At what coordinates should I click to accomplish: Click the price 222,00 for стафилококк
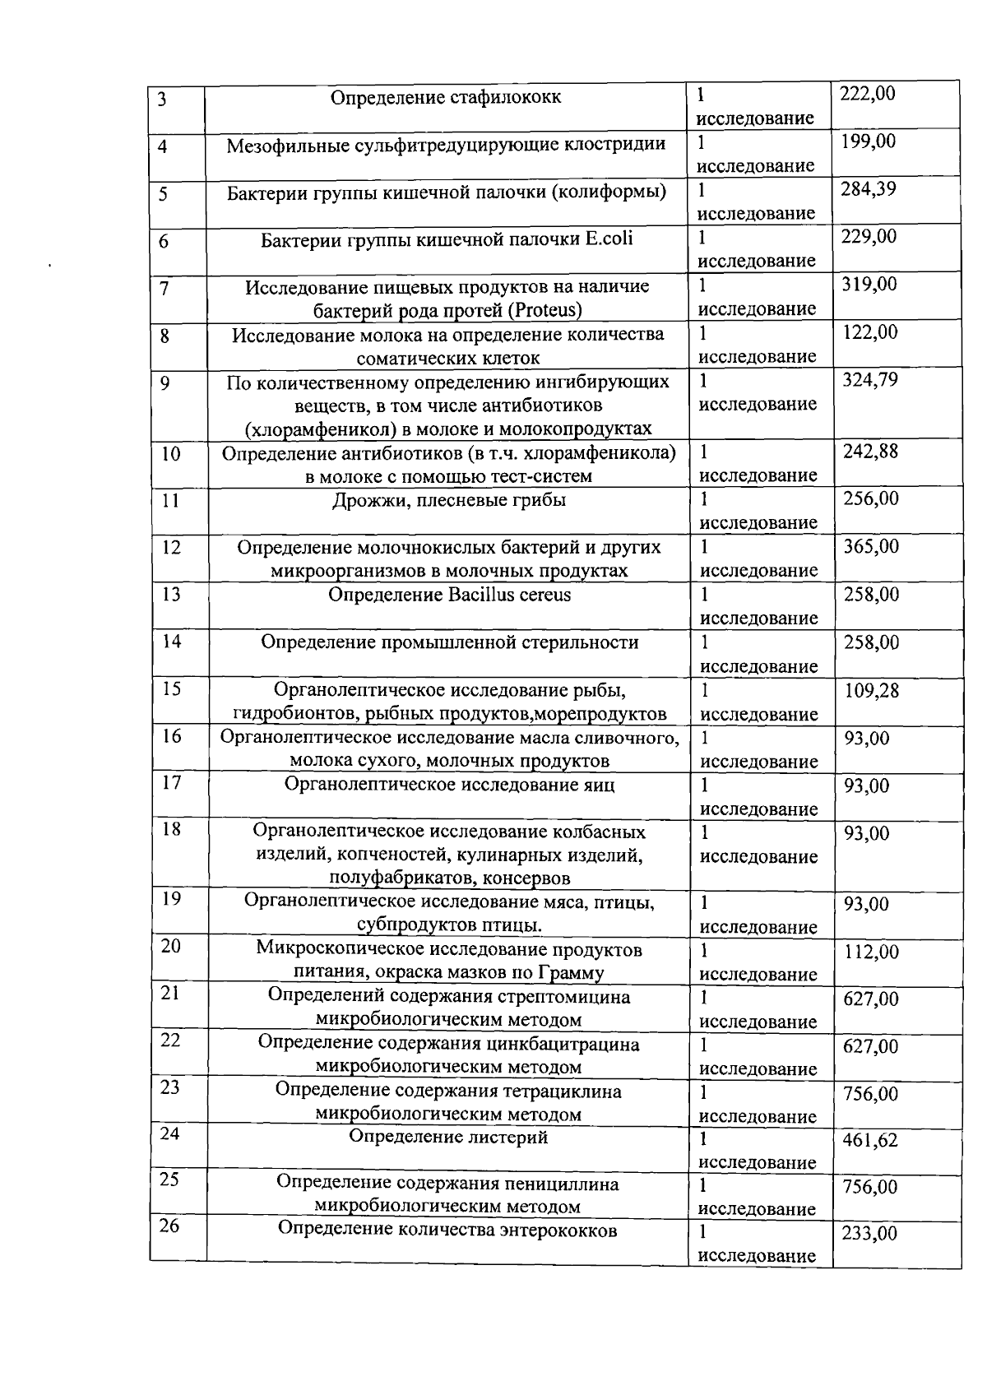(867, 94)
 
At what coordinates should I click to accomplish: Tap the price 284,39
(868, 189)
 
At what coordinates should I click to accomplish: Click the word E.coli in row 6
(609, 239)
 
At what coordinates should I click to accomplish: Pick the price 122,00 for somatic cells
(870, 332)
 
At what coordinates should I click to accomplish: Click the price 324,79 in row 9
(870, 380)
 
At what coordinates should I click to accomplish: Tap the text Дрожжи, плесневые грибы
(448, 499)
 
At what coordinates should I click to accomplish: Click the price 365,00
(871, 546)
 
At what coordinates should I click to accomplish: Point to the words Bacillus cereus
(510, 594)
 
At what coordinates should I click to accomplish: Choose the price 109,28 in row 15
(872, 690)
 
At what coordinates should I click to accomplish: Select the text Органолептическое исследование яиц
(449, 784)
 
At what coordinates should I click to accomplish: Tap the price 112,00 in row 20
(872, 952)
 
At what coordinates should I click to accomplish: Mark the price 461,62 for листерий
(870, 1140)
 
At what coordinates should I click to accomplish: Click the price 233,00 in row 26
(869, 1233)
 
